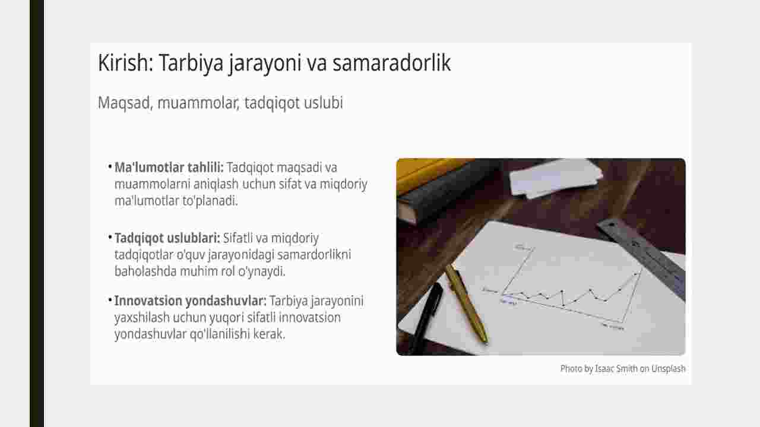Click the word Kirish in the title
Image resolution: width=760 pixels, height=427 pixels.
125,63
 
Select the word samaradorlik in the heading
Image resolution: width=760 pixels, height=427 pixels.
391,63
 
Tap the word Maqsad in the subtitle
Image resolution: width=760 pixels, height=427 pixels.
124,103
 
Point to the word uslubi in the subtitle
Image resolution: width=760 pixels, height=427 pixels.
324,103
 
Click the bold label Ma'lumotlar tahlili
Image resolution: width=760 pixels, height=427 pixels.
169,167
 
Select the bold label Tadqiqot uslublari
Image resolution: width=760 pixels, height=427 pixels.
167,238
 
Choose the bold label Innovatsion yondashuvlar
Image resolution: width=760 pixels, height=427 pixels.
191,301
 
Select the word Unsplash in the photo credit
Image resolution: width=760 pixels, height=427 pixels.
669,369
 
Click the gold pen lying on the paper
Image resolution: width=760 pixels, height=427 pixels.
467,303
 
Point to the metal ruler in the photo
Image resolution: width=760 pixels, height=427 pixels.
641,258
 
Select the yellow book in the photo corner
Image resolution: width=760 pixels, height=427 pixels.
427,175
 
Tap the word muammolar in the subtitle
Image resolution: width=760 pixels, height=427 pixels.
198,103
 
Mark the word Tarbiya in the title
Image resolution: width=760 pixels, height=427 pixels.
191,64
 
